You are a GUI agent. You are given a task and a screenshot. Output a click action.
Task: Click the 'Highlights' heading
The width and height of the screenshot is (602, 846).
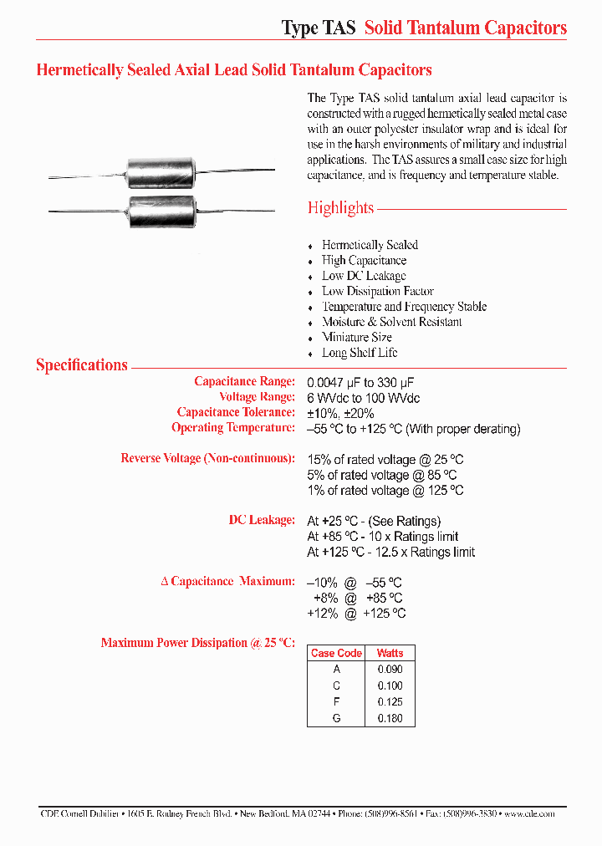click(340, 208)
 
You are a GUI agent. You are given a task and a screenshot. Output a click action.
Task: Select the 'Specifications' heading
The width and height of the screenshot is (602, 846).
click(82, 364)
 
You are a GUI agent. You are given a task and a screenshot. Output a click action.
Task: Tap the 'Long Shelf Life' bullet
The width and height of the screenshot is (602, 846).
click(360, 353)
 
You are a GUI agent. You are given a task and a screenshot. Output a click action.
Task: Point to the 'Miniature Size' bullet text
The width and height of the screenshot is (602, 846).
click(357, 337)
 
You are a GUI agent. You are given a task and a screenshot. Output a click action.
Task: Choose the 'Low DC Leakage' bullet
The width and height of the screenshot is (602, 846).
click(364, 276)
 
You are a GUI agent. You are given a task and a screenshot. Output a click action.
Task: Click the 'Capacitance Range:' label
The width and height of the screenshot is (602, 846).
click(244, 381)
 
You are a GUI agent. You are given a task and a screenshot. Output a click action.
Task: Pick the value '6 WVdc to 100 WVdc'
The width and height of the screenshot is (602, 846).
click(364, 397)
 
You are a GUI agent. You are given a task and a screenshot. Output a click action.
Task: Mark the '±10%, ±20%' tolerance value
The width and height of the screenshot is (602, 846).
click(340, 413)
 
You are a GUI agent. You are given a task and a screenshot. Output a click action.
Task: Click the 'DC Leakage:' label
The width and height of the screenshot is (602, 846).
click(262, 520)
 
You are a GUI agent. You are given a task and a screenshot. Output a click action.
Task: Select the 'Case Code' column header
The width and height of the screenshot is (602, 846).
click(336, 653)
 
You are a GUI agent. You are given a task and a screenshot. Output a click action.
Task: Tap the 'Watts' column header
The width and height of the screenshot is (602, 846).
click(390, 653)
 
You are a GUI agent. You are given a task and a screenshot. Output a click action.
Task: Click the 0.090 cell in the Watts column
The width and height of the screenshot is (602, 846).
click(390, 669)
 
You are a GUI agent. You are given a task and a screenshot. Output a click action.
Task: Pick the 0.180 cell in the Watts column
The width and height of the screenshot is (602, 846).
click(390, 717)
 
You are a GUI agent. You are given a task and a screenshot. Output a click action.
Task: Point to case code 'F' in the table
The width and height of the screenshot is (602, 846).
click(336, 701)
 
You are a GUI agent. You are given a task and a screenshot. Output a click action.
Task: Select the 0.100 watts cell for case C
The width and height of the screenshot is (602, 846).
click(390, 685)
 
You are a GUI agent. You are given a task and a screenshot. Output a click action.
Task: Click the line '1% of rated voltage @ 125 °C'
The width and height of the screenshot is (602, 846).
click(385, 491)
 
